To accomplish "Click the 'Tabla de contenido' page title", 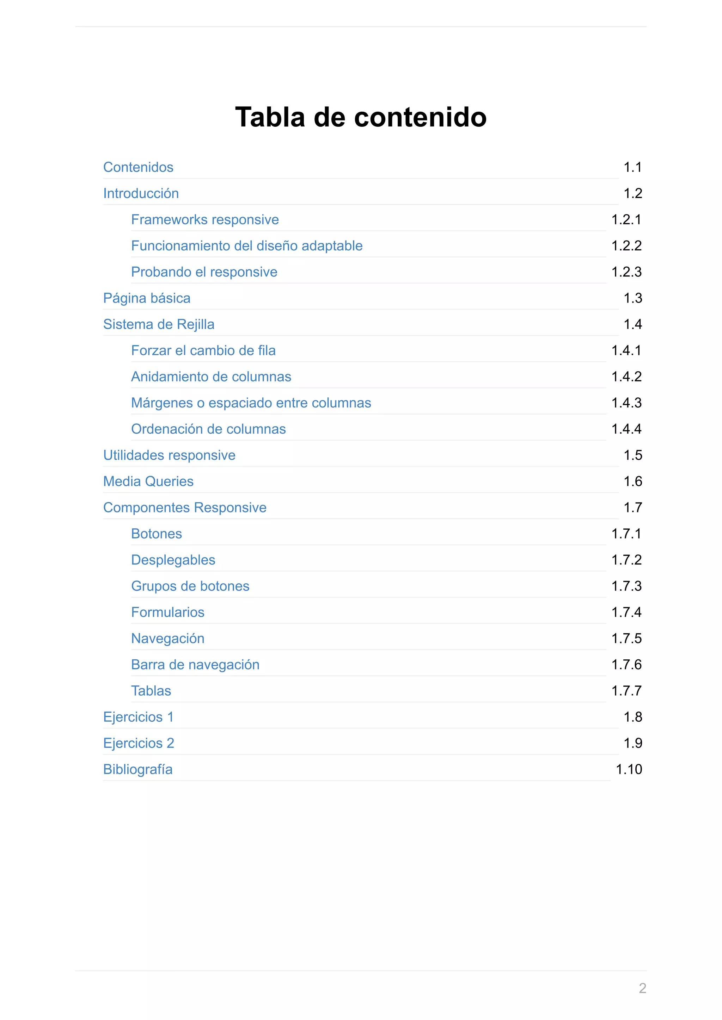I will (361, 117).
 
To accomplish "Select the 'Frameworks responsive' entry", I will (205, 219).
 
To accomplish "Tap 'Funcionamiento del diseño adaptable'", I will (247, 246).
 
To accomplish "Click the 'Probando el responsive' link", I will (204, 272).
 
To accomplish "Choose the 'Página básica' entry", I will (147, 298).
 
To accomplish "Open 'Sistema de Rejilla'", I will (159, 324).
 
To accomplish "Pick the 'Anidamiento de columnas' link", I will (211, 377).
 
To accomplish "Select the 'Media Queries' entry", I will (148, 481).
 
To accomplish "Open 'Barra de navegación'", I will (195, 665).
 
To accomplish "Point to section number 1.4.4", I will (626, 429).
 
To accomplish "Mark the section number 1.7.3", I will (626, 586).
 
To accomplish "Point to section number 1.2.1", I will (626, 219).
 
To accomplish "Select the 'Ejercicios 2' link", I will (139, 743).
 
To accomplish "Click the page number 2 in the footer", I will (642, 988).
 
